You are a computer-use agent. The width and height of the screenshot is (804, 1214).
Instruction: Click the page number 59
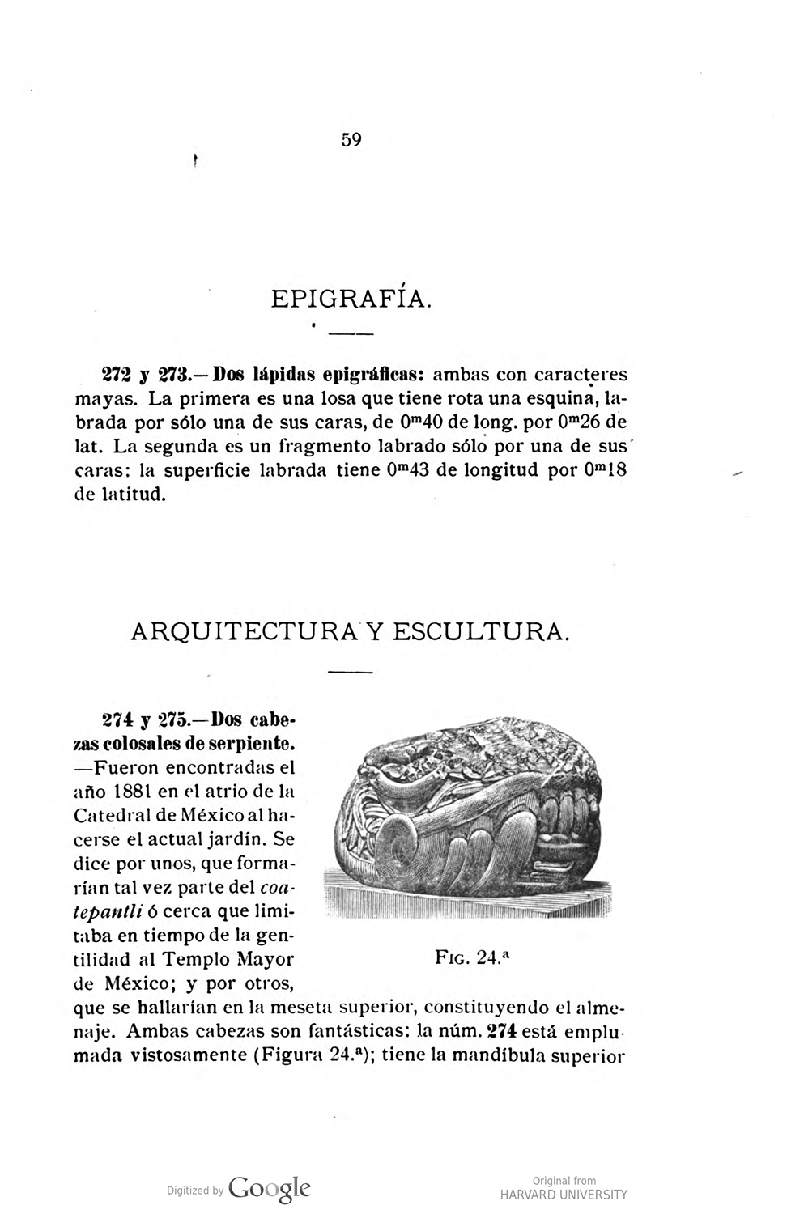coord(351,140)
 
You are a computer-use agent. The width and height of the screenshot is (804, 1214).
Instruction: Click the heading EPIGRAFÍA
coord(351,299)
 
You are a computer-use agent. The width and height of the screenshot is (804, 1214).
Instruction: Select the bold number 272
coord(115,376)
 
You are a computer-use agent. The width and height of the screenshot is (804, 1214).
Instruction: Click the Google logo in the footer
coord(270,1187)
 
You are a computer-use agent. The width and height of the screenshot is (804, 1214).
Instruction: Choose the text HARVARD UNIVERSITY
coord(564,1195)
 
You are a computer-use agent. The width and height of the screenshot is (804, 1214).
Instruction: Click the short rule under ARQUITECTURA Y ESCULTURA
coord(351,672)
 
